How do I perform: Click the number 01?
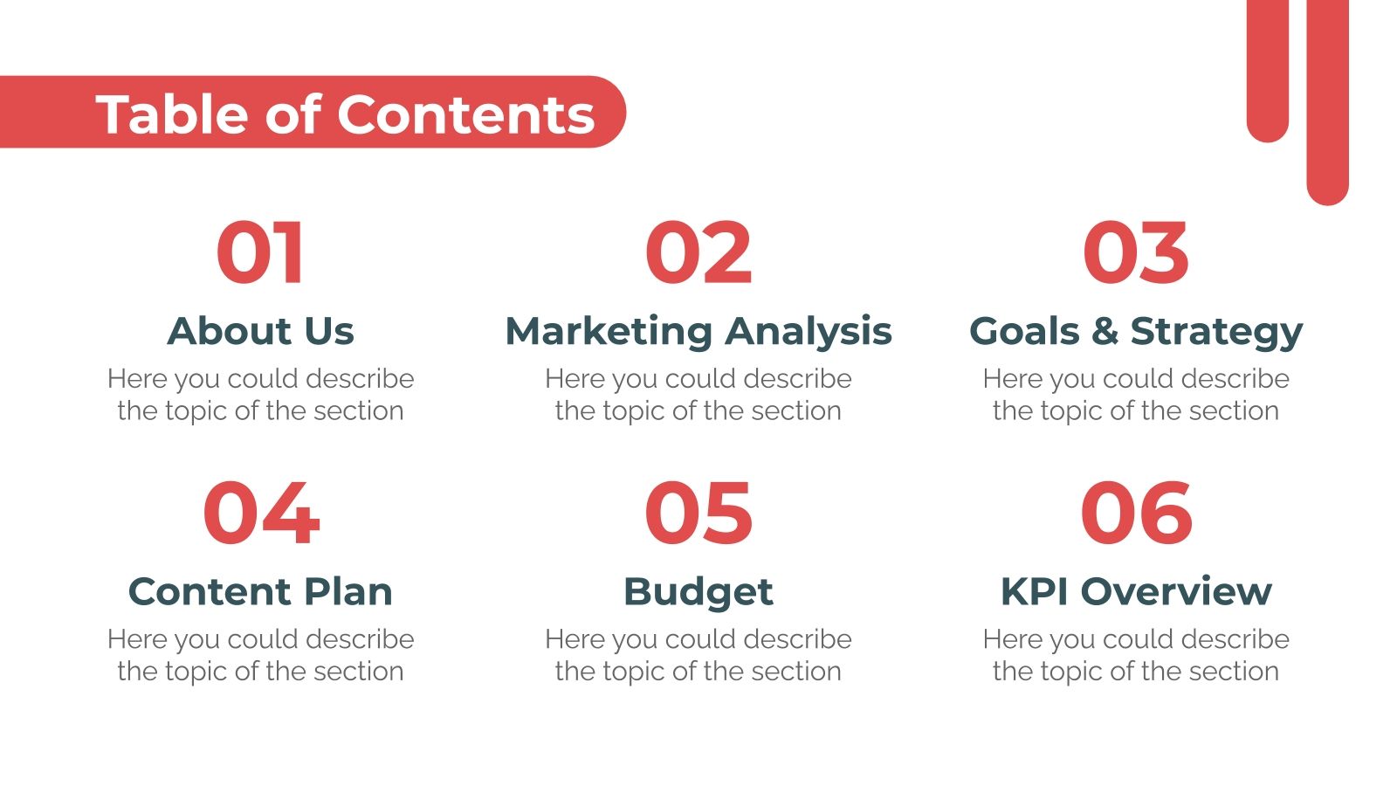pyautogui.click(x=260, y=253)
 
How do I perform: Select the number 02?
pyautogui.click(x=698, y=253)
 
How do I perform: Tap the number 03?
pyautogui.click(x=1135, y=253)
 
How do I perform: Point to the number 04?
pyautogui.click(x=261, y=514)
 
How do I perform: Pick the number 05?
pyautogui.click(x=698, y=514)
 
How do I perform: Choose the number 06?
pyautogui.click(x=1136, y=514)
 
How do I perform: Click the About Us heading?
pyautogui.click(x=260, y=331)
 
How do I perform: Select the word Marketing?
pyautogui.click(x=609, y=332)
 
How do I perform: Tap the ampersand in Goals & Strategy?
pyautogui.click(x=1104, y=331)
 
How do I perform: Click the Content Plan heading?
pyautogui.click(x=260, y=591)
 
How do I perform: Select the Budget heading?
pyautogui.click(x=698, y=592)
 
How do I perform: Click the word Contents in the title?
pyautogui.click(x=465, y=114)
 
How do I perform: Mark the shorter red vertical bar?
pyautogui.click(x=1268, y=70)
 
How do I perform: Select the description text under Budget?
pyautogui.click(x=698, y=655)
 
